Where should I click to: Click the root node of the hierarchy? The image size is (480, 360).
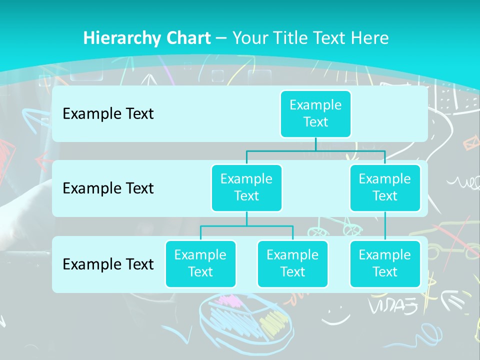click(x=315, y=114)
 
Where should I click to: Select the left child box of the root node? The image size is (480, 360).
click(x=246, y=188)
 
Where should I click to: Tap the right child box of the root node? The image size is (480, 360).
click(x=385, y=188)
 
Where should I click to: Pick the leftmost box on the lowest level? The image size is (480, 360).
click(x=200, y=264)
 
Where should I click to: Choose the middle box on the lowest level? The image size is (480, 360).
click(x=292, y=264)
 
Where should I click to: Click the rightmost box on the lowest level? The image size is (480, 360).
click(x=385, y=264)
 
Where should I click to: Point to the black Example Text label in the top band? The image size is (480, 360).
click(x=108, y=114)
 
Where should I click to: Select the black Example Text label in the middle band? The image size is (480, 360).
click(x=108, y=188)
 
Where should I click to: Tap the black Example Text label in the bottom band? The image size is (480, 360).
click(x=108, y=264)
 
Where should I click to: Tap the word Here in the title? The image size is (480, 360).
click(x=370, y=38)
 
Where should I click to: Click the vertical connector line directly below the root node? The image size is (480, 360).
click(x=315, y=144)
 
